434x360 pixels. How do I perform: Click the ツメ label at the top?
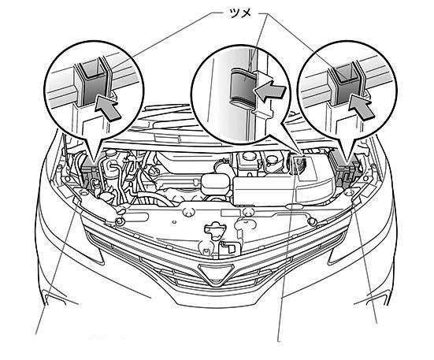(240, 13)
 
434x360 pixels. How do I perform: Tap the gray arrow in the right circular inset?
(362, 107)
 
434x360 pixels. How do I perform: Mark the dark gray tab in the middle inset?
(243, 86)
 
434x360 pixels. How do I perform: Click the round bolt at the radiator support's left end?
(120, 221)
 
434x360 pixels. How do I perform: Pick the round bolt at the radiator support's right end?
(312, 221)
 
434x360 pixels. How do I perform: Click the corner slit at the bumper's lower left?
(54, 299)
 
